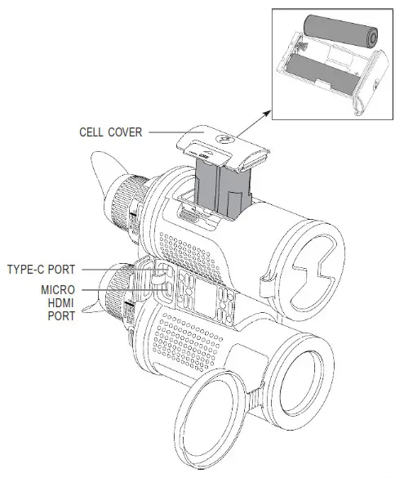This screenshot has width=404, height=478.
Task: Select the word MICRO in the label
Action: click(58, 289)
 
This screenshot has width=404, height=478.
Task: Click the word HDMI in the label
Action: click(62, 302)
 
